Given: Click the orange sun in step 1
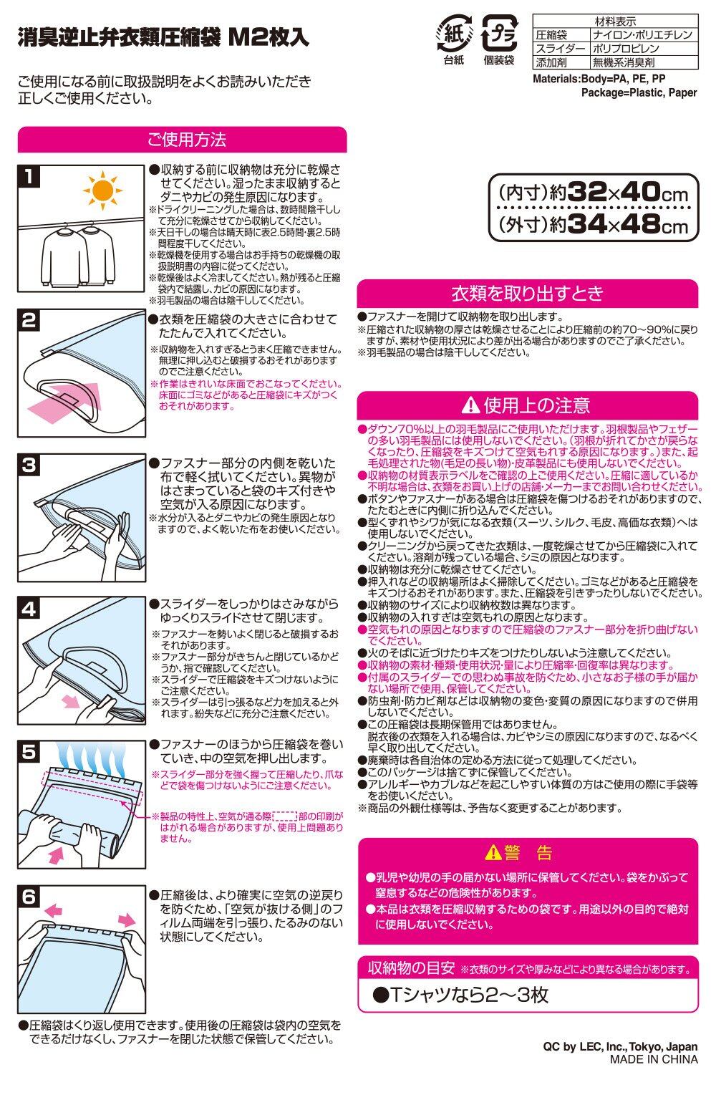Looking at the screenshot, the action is click(x=102, y=190).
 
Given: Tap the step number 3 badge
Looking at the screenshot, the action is click(x=29, y=465).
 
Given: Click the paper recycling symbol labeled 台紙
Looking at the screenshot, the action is click(x=454, y=34).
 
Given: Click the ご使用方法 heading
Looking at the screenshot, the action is click(x=187, y=140).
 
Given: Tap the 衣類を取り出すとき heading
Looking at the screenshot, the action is click(x=528, y=293).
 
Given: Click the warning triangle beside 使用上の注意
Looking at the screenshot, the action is click(x=470, y=405).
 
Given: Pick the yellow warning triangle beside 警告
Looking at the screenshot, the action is click(x=493, y=853).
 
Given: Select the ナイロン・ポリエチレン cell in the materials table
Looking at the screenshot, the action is click(x=642, y=35).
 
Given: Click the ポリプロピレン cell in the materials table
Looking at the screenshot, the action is click(x=626, y=49).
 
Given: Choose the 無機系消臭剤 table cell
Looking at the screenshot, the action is click(x=623, y=62).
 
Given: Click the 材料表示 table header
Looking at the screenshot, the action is click(x=615, y=21).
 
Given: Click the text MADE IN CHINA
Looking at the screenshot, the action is click(x=654, y=1059).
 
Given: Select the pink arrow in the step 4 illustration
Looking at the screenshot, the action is click(x=71, y=701).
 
